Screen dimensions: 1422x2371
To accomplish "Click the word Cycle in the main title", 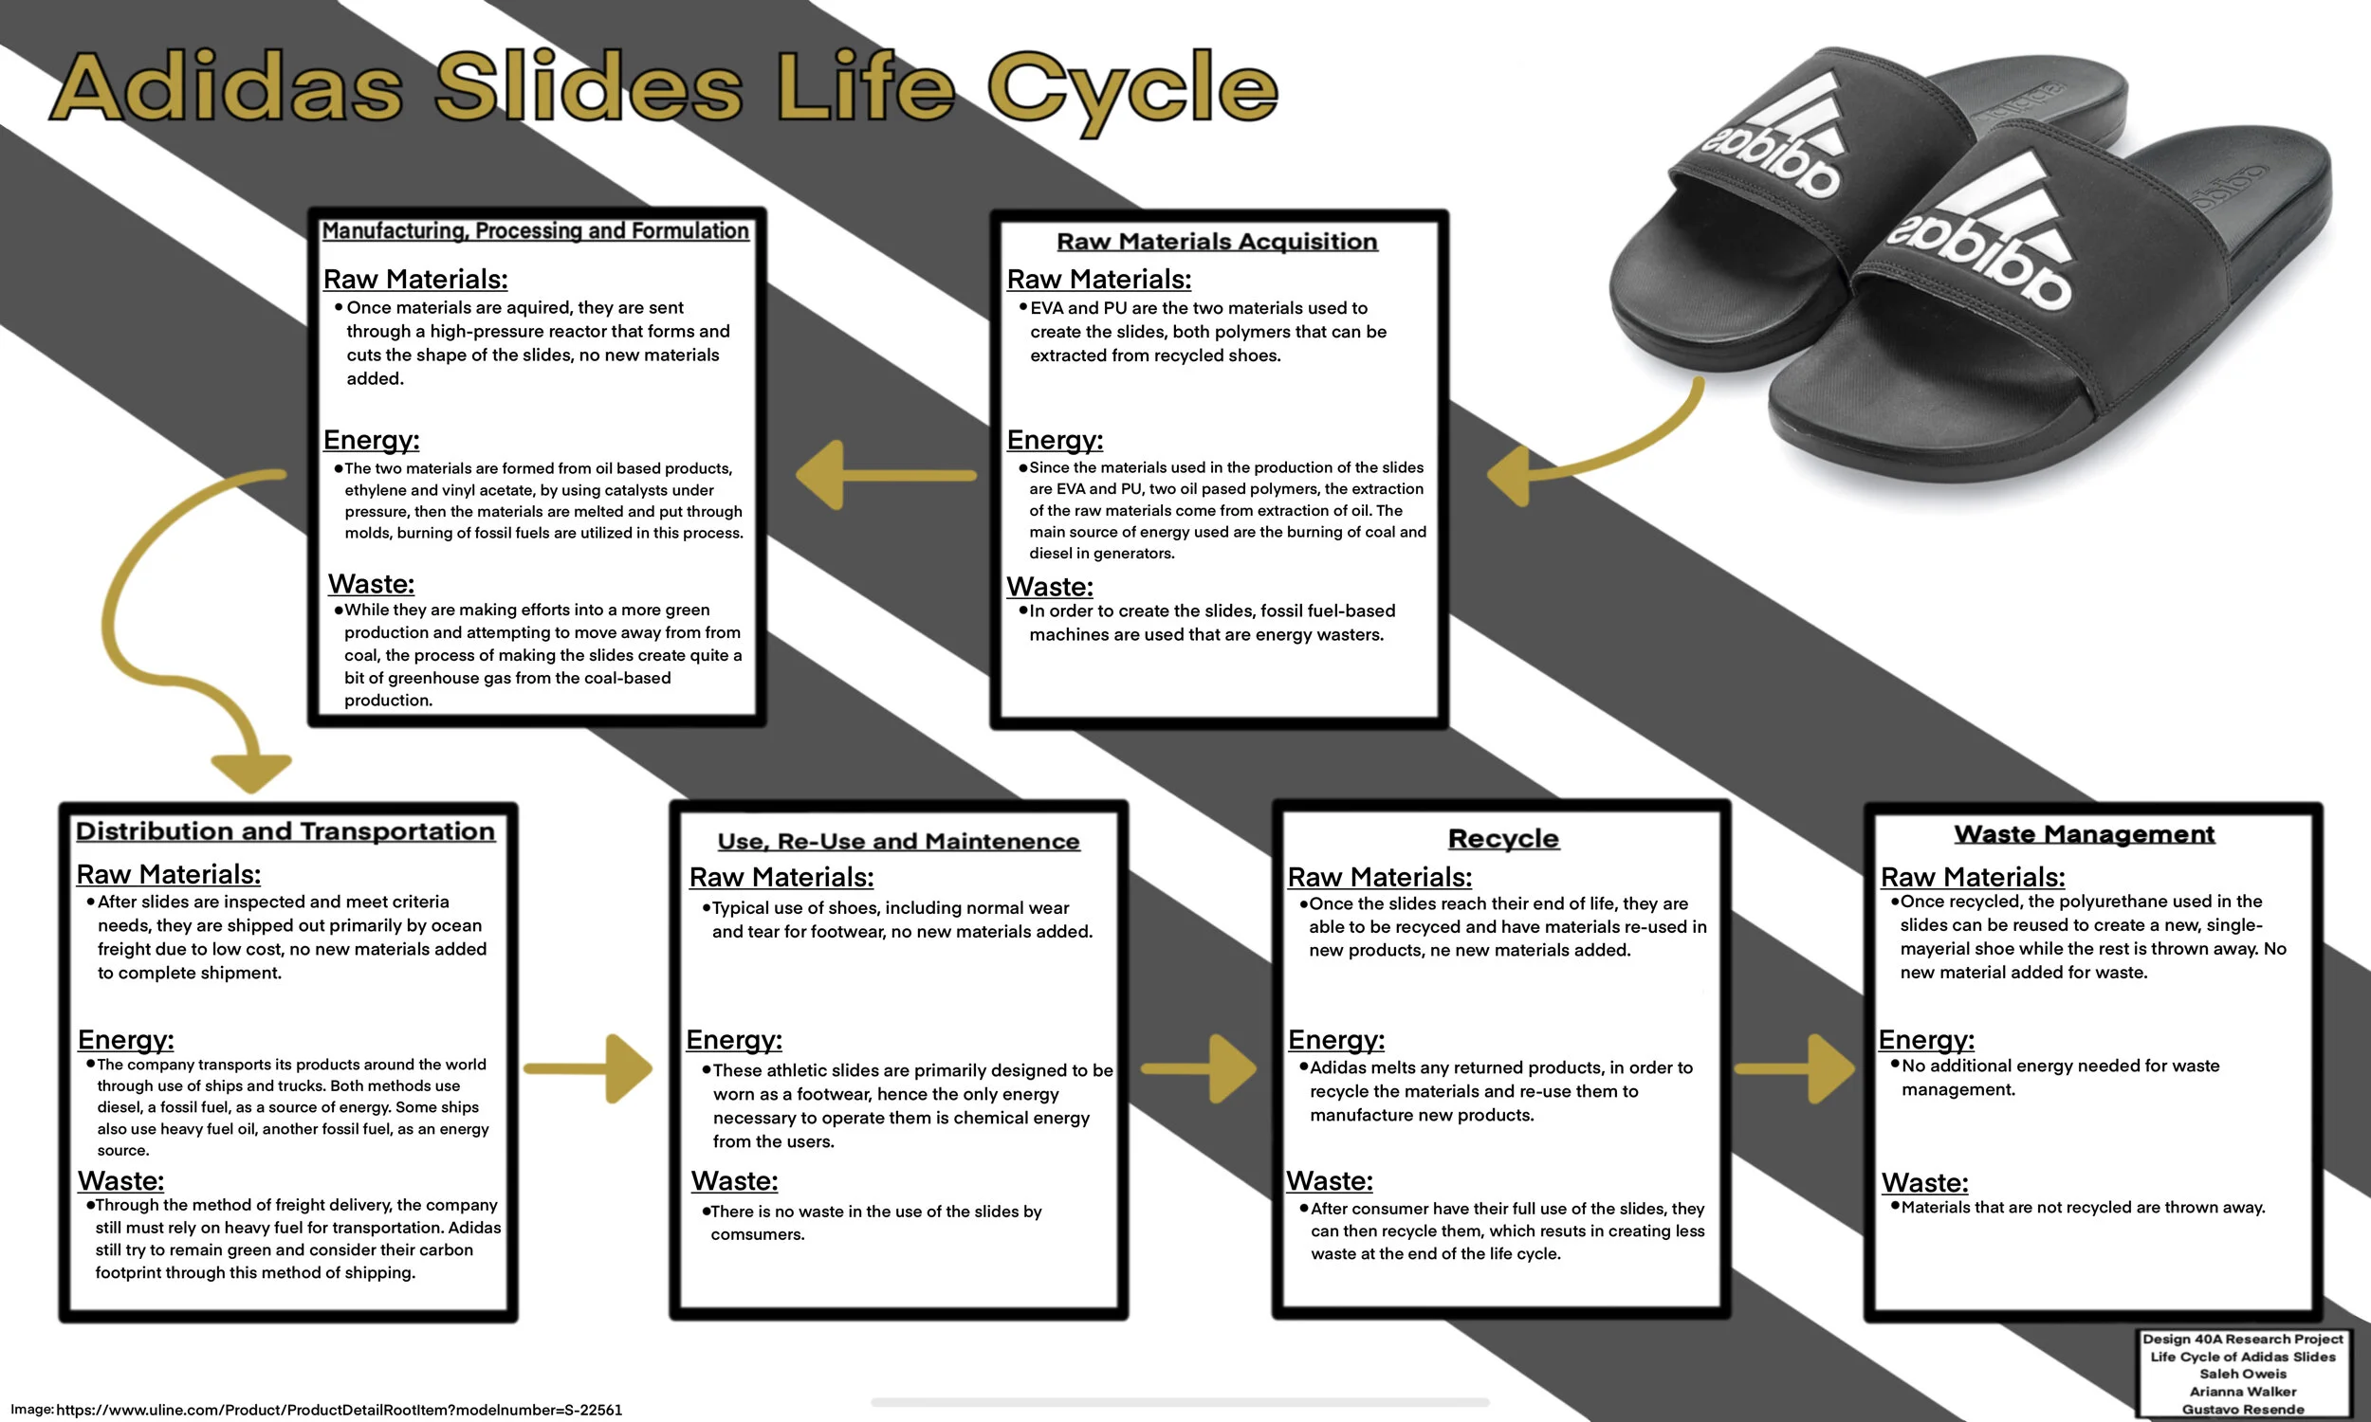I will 1130,91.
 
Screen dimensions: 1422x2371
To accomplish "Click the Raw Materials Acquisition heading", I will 1216,242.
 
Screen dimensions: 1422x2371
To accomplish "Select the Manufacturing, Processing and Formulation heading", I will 535,231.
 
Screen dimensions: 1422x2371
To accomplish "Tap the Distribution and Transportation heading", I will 285,830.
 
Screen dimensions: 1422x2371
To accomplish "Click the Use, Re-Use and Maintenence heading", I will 898,841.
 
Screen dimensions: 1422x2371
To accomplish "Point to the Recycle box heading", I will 1502,838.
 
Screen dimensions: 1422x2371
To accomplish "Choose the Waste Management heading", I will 2084,833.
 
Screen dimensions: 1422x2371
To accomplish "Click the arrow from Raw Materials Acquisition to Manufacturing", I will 882,474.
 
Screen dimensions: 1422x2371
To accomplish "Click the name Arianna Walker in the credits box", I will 2243,1392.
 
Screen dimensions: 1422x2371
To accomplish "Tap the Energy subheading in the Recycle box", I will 1336,1040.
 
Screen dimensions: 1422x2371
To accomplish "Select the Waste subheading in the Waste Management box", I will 1924,1182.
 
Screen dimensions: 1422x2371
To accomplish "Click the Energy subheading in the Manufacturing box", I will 371,440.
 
